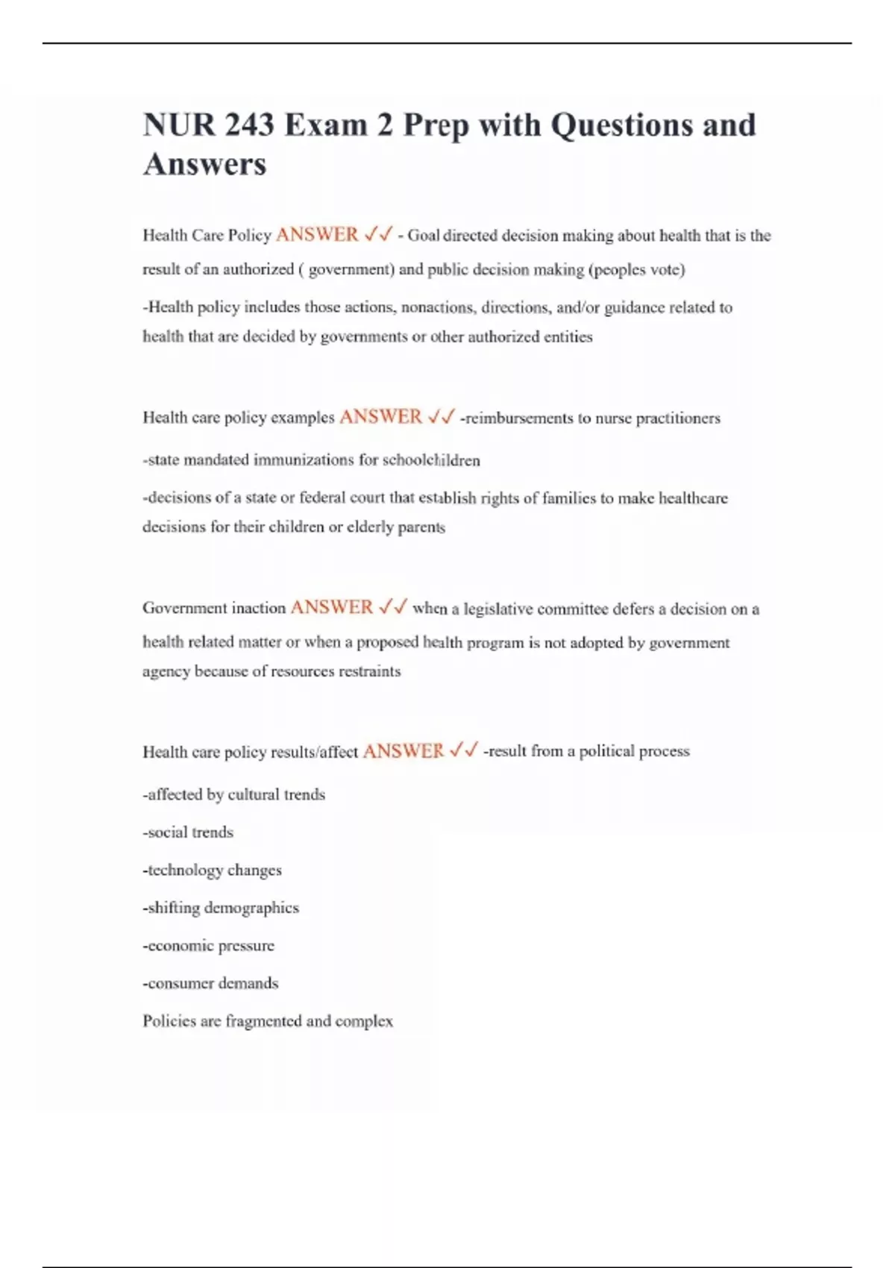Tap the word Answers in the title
pos(204,164)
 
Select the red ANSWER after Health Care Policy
pos(317,235)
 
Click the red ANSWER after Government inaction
pos(331,608)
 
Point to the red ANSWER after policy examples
pos(380,417)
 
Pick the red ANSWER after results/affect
pos(403,751)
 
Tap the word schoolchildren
pos(431,460)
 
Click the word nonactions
pos(437,307)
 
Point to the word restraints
pos(369,671)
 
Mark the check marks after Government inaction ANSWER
pos(392,608)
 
